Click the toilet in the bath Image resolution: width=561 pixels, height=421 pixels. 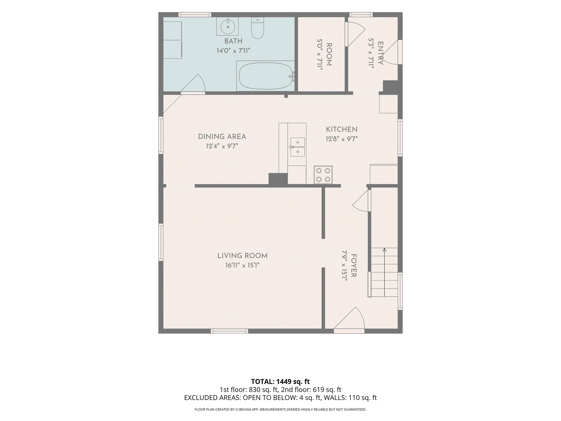pyautogui.click(x=257, y=28)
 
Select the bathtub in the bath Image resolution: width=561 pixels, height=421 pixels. pyautogui.click(x=266, y=76)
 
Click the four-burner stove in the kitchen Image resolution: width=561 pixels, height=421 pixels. pyautogui.click(x=323, y=175)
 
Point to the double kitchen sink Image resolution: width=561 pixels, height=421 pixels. pyautogui.click(x=297, y=147)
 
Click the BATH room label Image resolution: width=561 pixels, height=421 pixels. pyautogui.click(x=233, y=41)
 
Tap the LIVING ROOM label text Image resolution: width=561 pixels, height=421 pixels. pyautogui.click(x=243, y=256)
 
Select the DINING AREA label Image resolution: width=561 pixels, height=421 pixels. pyautogui.click(x=222, y=137)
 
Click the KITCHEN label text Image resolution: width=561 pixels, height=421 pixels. pyautogui.click(x=342, y=129)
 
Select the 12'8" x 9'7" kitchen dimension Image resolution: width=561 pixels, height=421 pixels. pyautogui.click(x=342, y=139)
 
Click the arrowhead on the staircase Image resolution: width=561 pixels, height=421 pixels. pyautogui.click(x=384, y=250)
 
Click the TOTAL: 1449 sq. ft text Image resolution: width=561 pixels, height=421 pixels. pyautogui.click(x=280, y=381)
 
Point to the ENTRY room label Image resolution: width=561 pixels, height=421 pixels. pyautogui.click(x=380, y=53)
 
